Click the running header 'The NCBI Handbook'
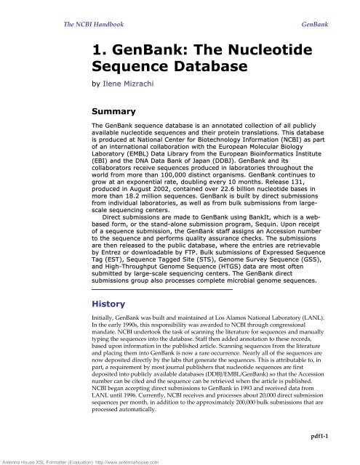point(88,24)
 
